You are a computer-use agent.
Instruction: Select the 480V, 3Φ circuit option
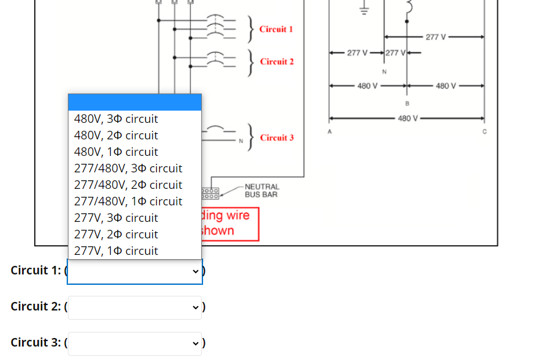pyautogui.click(x=116, y=119)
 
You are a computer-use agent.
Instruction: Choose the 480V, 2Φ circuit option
pyautogui.click(x=116, y=135)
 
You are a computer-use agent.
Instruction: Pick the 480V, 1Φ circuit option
pyautogui.click(x=116, y=152)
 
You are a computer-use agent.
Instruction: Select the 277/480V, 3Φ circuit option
pyautogui.click(x=128, y=168)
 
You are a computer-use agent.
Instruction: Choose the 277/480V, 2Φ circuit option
pyautogui.click(x=128, y=185)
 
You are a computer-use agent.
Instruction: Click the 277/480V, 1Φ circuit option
pyautogui.click(x=128, y=201)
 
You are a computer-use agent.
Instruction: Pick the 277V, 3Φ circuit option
pyautogui.click(x=116, y=218)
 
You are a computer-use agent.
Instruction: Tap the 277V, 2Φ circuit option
pyautogui.click(x=116, y=234)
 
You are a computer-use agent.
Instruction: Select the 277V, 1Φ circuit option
pyautogui.click(x=116, y=251)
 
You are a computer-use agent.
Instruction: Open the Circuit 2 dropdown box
pyautogui.click(x=135, y=307)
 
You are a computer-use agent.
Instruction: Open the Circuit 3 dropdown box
pyautogui.click(x=135, y=343)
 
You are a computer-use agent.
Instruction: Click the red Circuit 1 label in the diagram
pyautogui.click(x=276, y=29)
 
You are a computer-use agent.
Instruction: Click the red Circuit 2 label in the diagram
pyautogui.click(x=276, y=62)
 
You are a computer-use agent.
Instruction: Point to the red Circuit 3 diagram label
pyautogui.click(x=276, y=138)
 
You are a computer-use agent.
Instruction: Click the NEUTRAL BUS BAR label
pyautogui.click(x=261, y=191)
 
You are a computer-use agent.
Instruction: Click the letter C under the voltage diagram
pyautogui.click(x=484, y=131)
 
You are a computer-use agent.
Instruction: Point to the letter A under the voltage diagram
pyautogui.click(x=329, y=131)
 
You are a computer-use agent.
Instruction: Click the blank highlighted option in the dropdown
pyautogui.click(x=135, y=102)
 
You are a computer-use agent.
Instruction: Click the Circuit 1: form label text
pyautogui.click(x=35, y=270)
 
